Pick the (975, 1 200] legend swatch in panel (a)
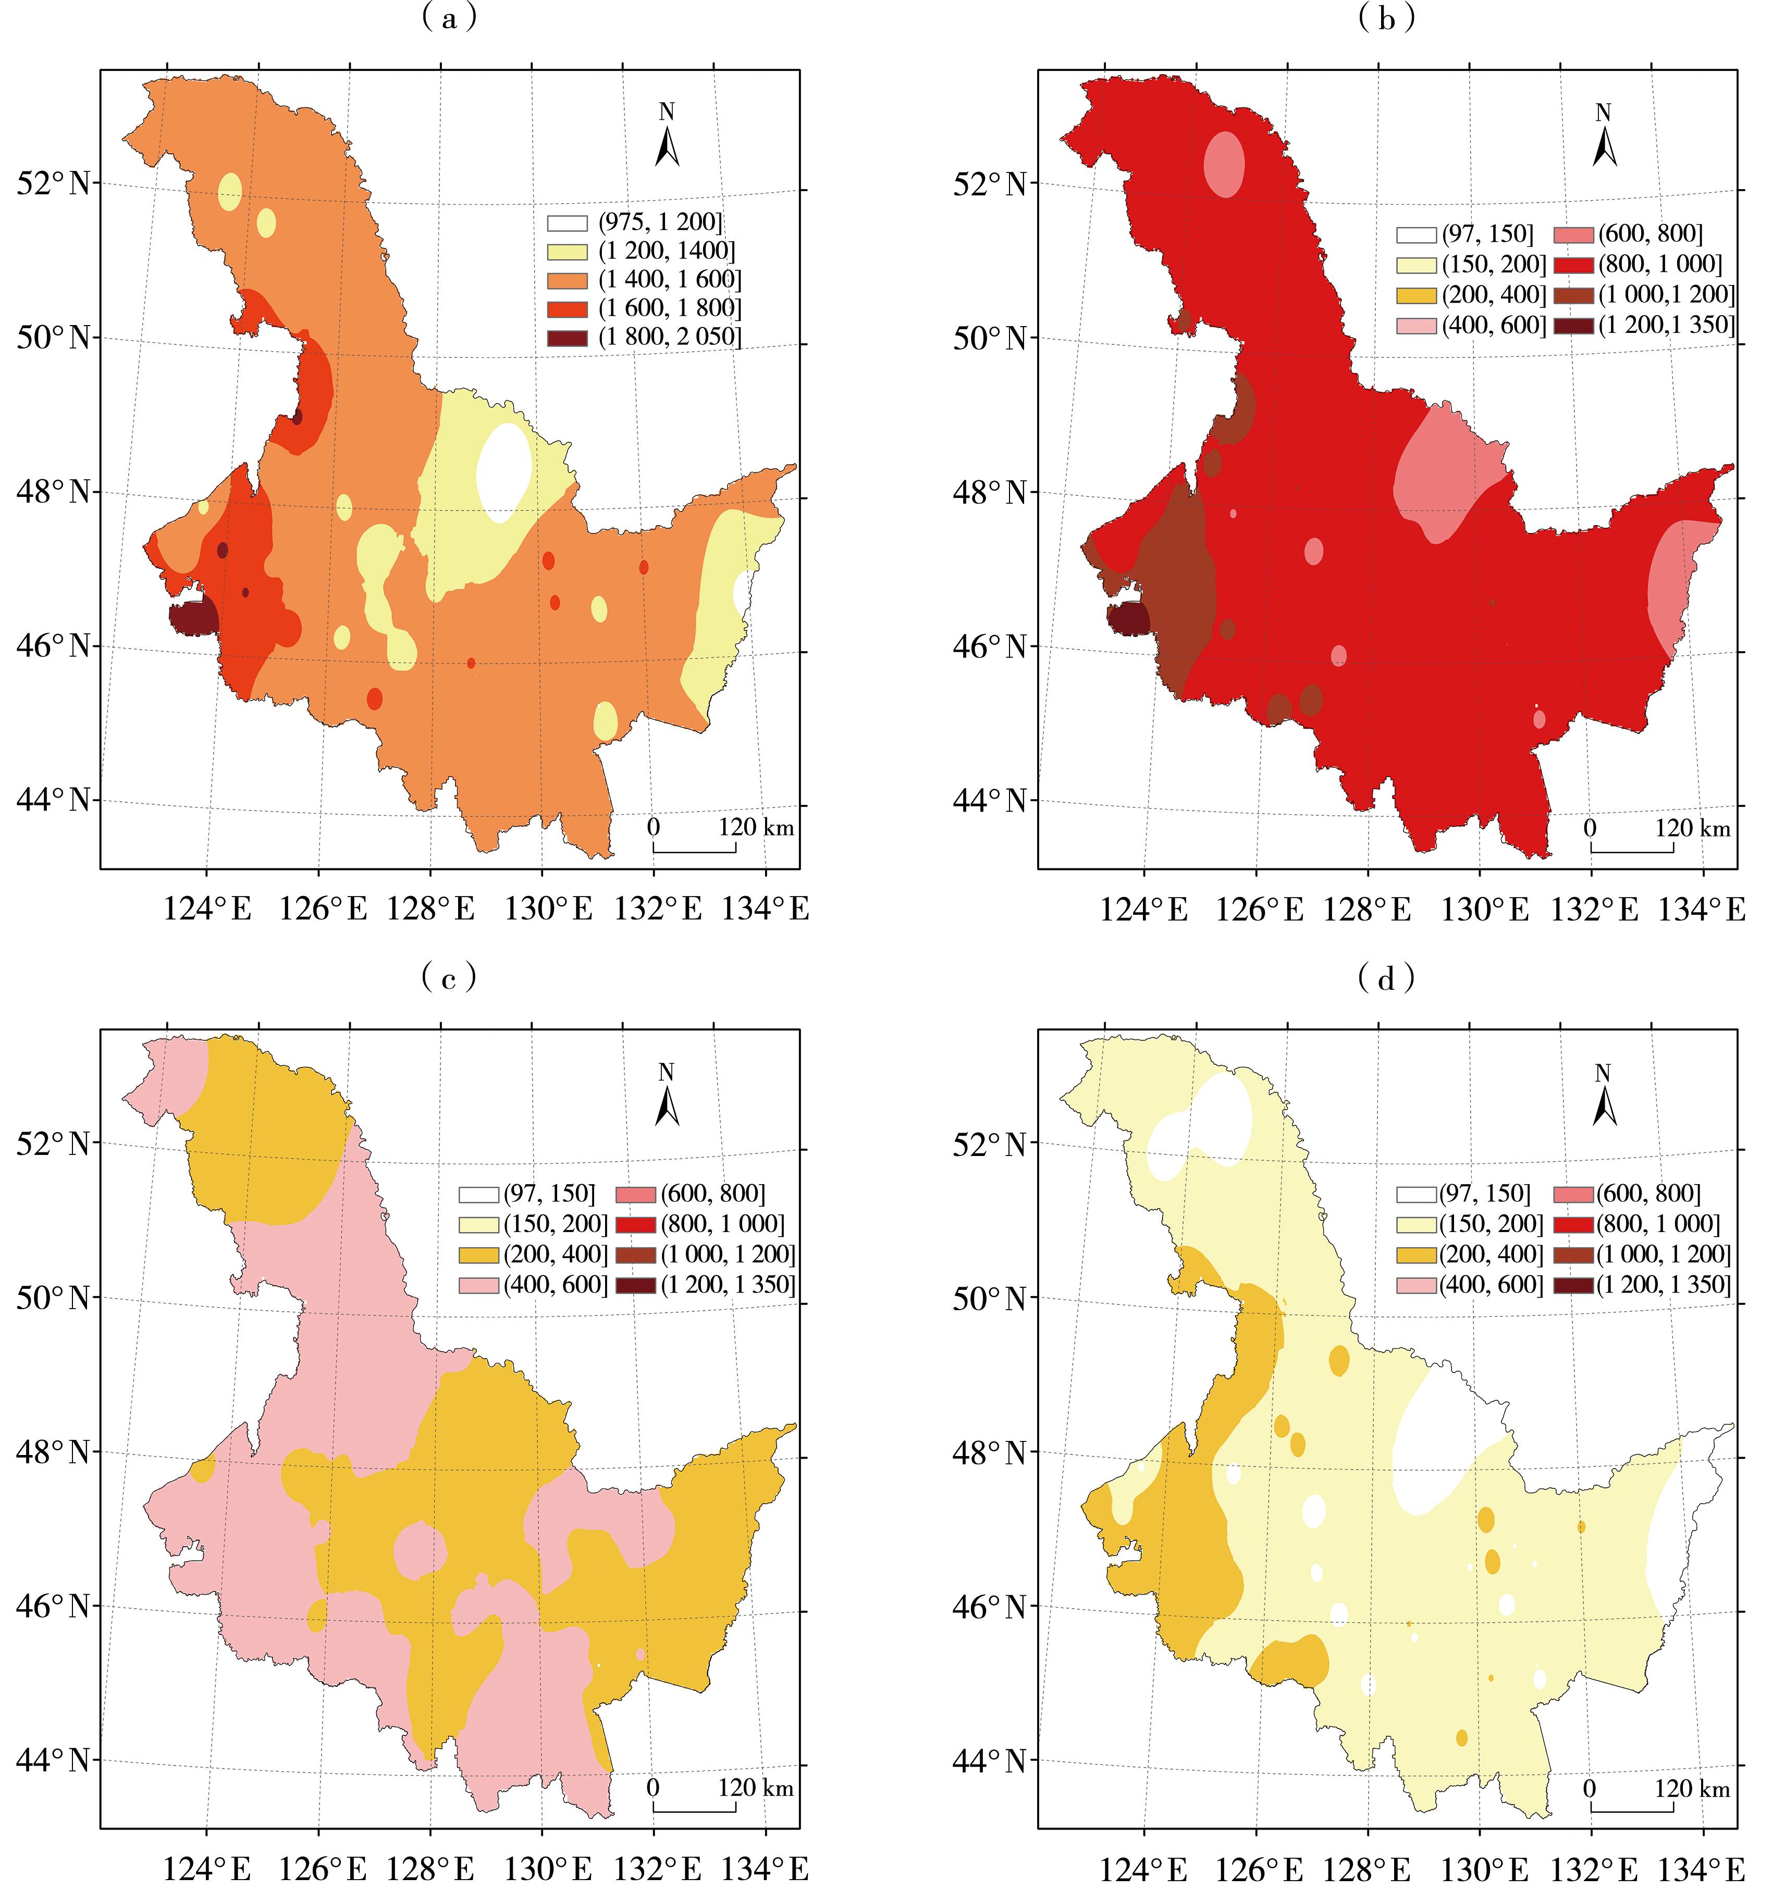click(567, 223)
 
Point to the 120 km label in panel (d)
click(1692, 1788)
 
